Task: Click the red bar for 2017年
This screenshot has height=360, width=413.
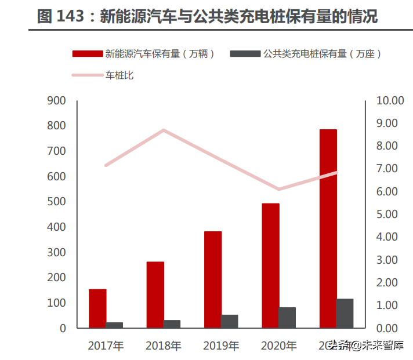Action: coord(97,308)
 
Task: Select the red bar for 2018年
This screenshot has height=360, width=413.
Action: coord(155,294)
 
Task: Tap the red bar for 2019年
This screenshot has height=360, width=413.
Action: coord(213,279)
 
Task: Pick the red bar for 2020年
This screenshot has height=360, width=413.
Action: coord(270,266)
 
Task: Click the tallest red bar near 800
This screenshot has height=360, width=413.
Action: coord(328,228)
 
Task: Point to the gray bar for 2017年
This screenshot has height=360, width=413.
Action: coord(114,325)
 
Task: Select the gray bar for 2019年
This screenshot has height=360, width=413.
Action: coord(229,321)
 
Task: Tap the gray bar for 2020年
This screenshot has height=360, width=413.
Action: coord(287,318)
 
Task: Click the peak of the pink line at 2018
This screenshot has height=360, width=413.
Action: coord(164,130)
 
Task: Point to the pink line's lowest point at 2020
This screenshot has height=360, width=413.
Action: coord(279,189)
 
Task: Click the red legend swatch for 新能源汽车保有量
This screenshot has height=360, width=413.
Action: coord(88,54)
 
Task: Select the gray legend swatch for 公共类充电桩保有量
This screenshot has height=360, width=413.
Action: coord(245,54)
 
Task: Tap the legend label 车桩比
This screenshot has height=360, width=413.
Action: coord(119,75)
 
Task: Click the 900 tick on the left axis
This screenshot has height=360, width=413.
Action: coord(56,101)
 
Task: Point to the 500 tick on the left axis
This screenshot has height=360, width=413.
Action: coord(56,202)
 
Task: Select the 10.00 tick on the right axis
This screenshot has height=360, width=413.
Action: coord(389,101)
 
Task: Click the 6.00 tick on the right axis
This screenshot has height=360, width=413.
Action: coord(389,192)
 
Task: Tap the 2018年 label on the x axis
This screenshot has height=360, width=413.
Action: coord(164,346)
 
